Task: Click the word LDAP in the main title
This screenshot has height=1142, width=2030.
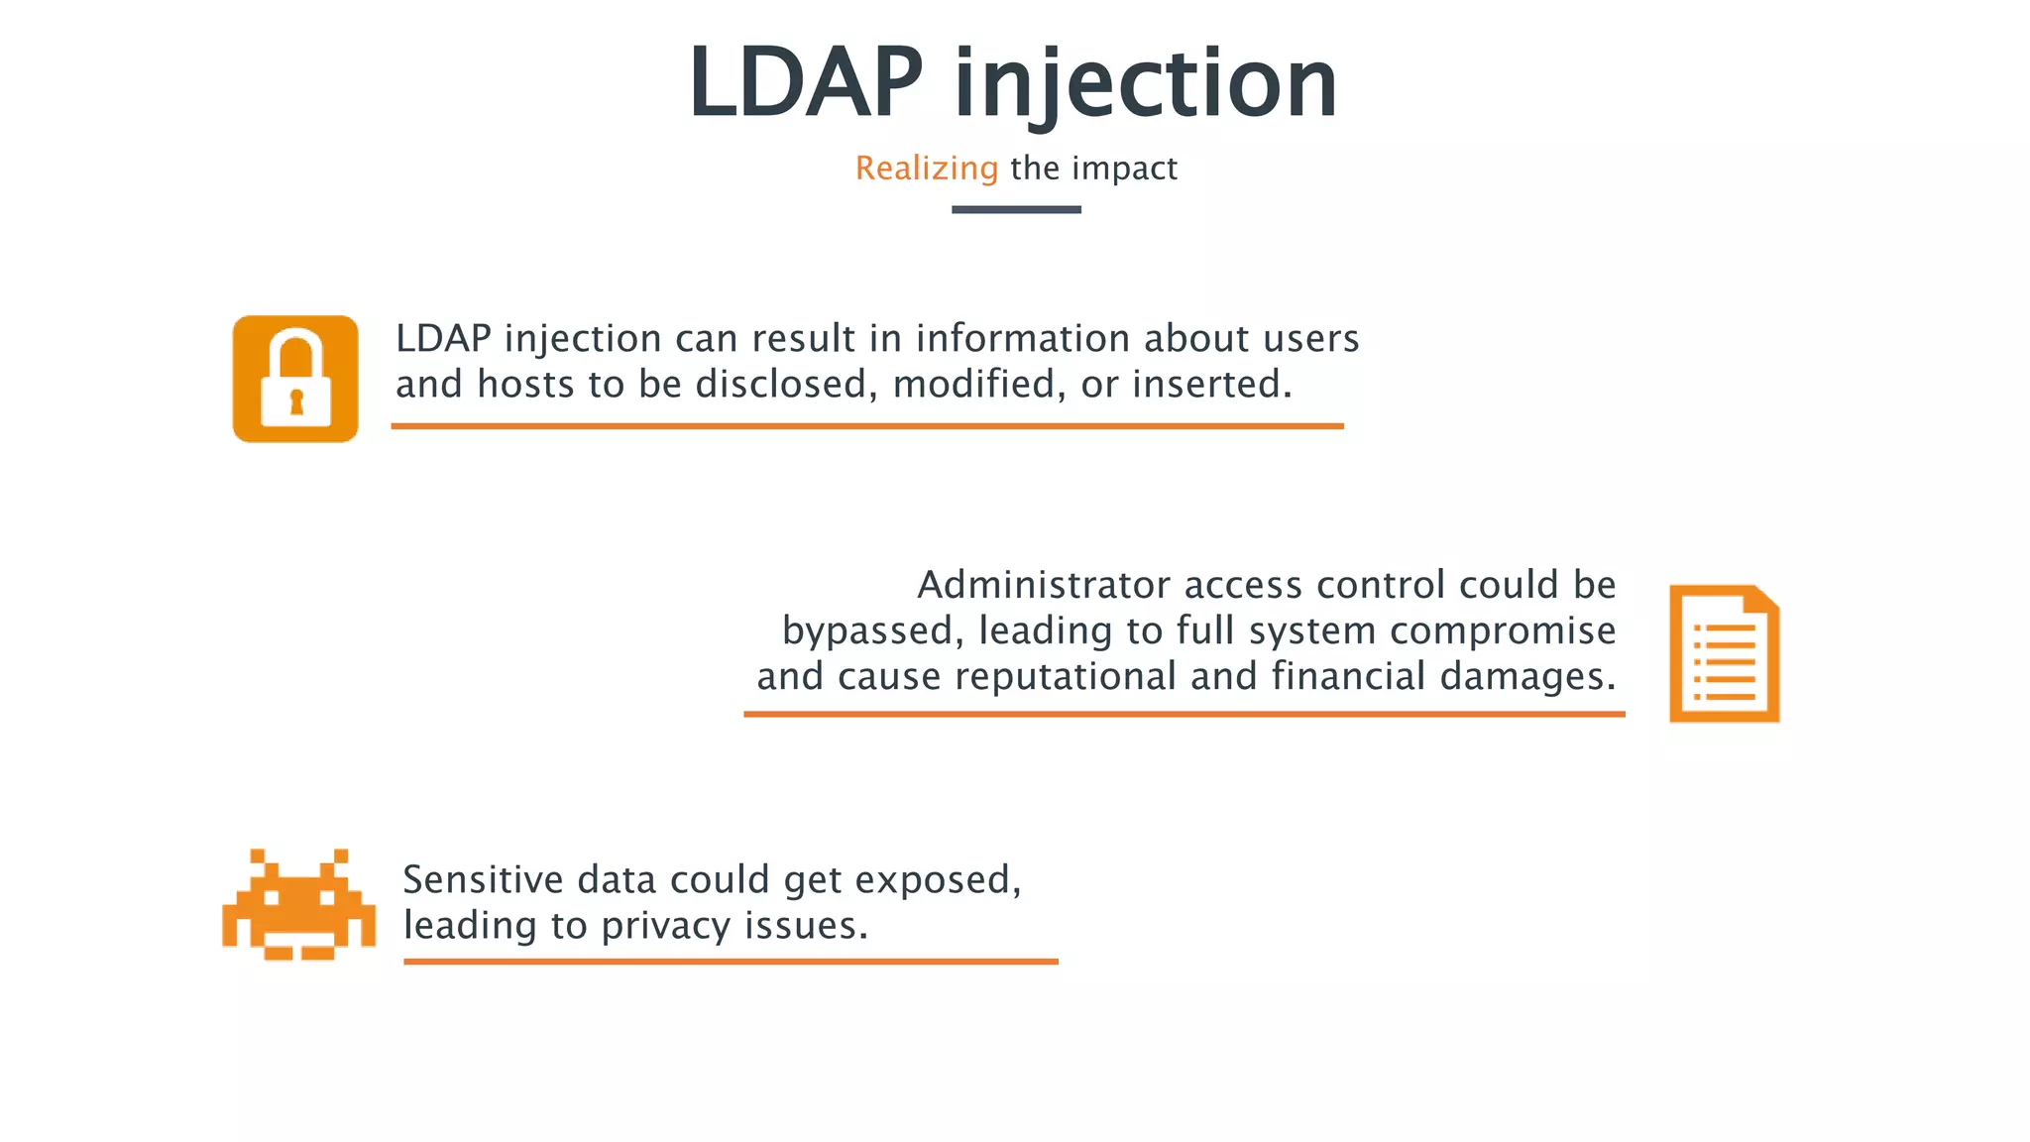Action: (805, 83)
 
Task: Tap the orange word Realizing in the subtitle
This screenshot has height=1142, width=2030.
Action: (927, 169)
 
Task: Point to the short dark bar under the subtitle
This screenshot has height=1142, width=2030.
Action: (1016, 209)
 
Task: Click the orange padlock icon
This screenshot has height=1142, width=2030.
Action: (295, 379)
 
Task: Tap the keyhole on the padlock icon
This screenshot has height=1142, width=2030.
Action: (295, 401)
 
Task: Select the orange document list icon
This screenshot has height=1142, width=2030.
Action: (1724, 654)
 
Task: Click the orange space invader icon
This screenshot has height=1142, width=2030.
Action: (298, 904)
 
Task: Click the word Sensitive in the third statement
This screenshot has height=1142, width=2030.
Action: (483, 880)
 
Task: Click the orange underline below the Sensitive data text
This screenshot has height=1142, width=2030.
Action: (731, 961)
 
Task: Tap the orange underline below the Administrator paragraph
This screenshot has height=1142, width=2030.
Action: (1184, 713)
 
